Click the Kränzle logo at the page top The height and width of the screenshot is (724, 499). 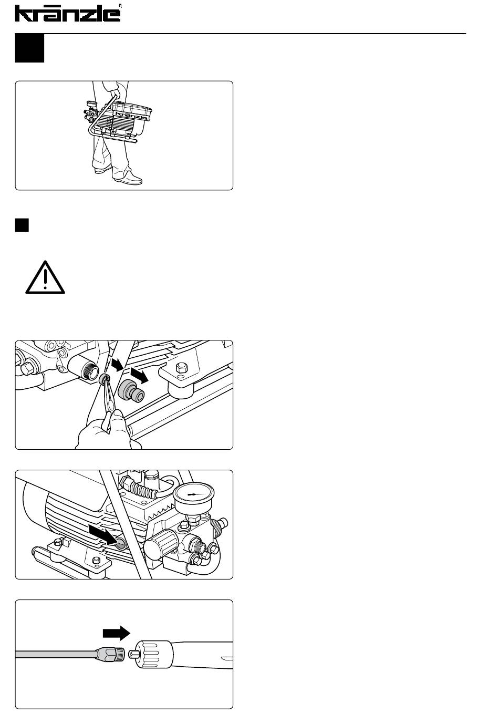(x=68, y=13)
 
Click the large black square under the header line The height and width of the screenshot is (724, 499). (x=29, y=48)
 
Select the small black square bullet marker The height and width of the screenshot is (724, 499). (x=22, y=225)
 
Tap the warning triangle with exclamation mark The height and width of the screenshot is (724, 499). (x=45, y=277)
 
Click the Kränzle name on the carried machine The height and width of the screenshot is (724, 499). (x=132, y=115)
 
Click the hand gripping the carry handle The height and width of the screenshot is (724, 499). (x=116, y=92)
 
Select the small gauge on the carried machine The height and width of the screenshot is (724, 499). (x=91, y=105)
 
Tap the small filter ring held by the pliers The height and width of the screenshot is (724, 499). (x=104, y=378)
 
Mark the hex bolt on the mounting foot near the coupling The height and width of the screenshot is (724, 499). (x=181, y=367)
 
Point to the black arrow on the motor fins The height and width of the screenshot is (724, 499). (x=102, y=535)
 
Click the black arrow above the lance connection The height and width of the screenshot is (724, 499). (x=117, y=633)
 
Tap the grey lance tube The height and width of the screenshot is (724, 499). (x=57, y=654)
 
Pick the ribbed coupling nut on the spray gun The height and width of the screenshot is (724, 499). (x=154, y=654)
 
